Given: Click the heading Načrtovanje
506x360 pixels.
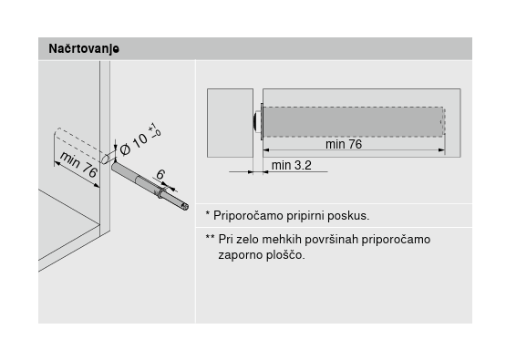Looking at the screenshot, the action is pyautogui.click(x=84, y=49).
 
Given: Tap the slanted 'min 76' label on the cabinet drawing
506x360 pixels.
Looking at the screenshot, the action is pyautogui.click(x=78, y=164).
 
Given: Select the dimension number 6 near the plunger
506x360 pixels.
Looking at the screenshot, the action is pyautogui.click(x=160, y=174).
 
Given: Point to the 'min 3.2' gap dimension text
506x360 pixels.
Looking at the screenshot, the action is pyautogui.click(x=292, y=165).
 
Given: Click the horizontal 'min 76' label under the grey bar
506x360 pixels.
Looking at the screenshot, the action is pyautogui.click(x=344, y=144).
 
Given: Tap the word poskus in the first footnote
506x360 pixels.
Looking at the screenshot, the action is pyautogui.click(x=347, y=215).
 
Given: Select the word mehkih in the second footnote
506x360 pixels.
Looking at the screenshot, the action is pyautogui.click(x=282, y=240).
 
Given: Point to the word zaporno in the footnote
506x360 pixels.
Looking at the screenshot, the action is pyautogui.click(x=241, y=255).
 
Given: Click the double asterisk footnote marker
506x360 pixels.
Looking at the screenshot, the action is pyautogui.click(x=210, y=237).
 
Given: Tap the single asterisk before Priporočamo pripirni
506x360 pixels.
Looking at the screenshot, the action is pyautogui.click(x=208, y=213).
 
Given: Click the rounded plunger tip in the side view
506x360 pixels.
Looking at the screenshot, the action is pyautogui.click(x=257, y=121).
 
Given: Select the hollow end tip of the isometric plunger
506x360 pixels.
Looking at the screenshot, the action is pyautogui.click(x=185, y=206).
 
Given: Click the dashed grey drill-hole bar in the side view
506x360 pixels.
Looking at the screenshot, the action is pyautogui.click(x=354, y=121).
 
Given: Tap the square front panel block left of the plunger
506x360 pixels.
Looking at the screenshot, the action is pyautogui.click(x=230, y=123).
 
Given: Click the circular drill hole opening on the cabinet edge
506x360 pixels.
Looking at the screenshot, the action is pyautogui.click(x=105, y=159).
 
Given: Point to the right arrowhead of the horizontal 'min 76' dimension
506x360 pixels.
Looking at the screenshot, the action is pyautogui.click(x=441, y=150).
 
